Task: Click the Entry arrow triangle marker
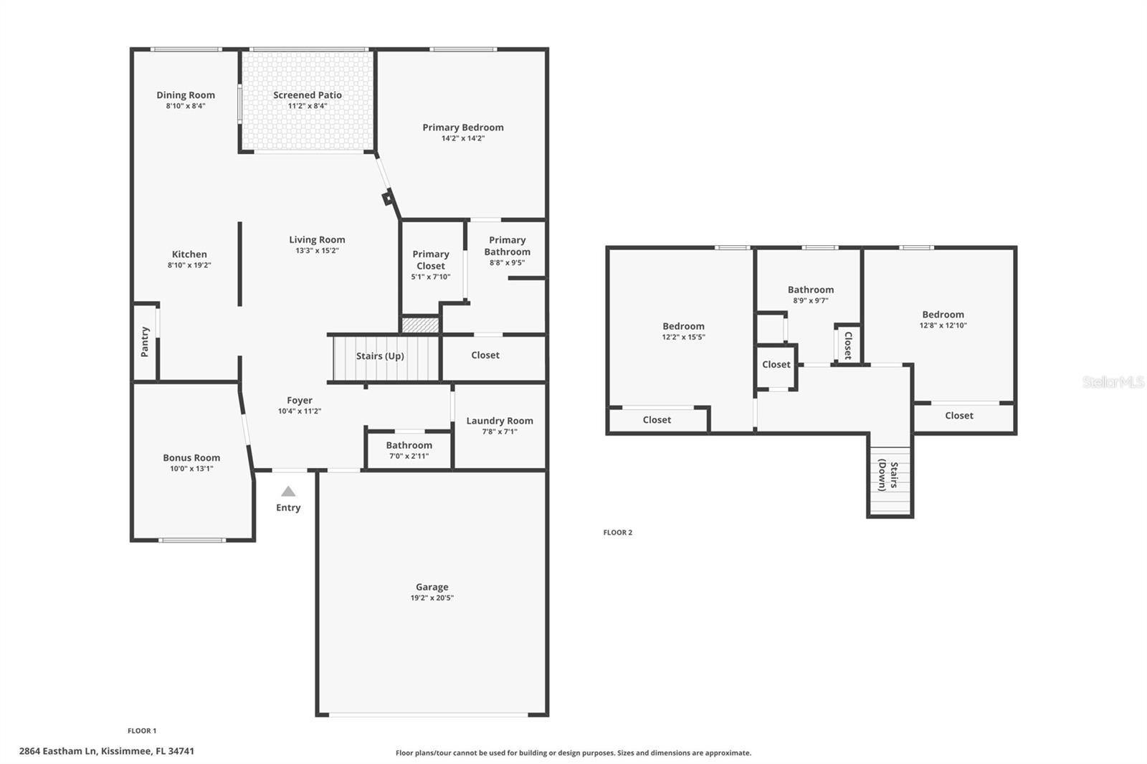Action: (288, 492)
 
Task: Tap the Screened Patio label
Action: (308, 95)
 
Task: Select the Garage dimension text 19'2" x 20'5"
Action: (432, 598)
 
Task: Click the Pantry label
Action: (145, 342)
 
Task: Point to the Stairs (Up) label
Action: (380, 356)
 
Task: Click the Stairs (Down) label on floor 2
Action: (888, 476)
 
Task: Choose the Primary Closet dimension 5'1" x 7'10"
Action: (431, 277)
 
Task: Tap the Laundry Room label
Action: (500, 421)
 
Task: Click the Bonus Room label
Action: (191, 457)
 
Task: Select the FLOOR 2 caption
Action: (617, 533)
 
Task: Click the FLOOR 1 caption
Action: (142, 731)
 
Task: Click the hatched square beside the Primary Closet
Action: (420, 325)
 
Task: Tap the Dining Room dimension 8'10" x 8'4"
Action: (186, 106)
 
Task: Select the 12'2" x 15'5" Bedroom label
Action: (683, 326)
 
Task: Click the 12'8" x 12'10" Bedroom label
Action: (943, 315)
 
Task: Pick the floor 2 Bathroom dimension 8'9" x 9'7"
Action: (811, 301)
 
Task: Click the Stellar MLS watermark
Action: (1113, 382)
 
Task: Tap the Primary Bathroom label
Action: (507, 246)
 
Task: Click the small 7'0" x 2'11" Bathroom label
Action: (409, 445)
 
